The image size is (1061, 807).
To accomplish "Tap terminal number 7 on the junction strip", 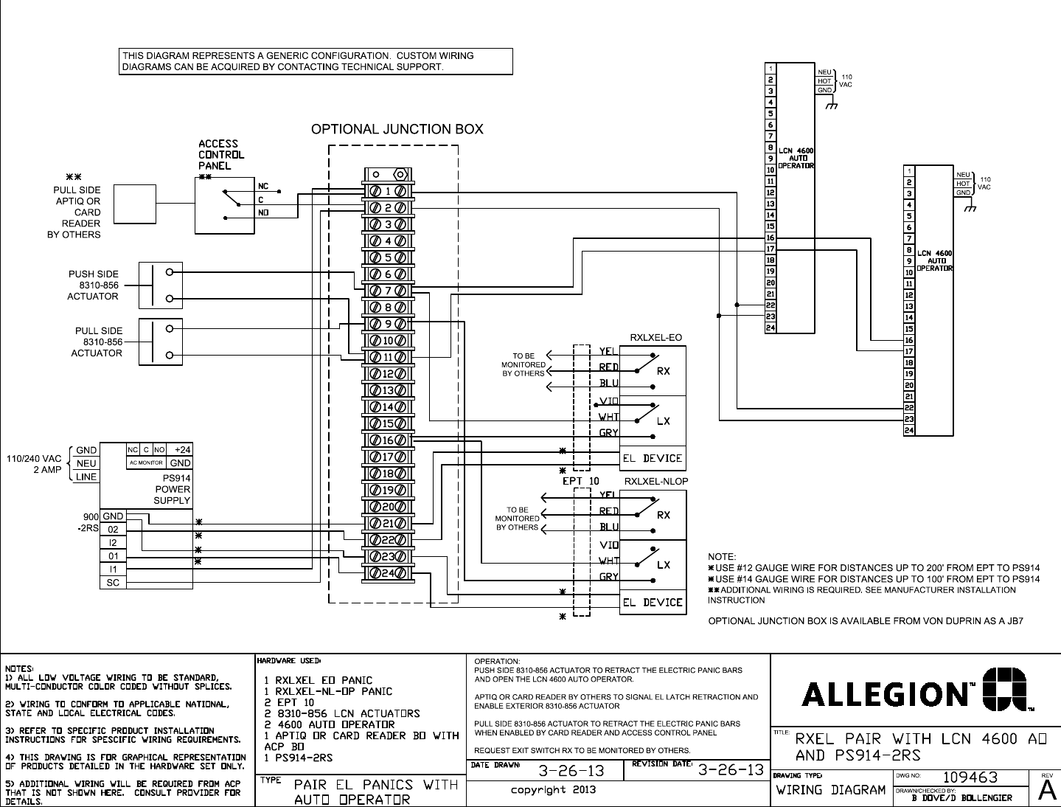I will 388,291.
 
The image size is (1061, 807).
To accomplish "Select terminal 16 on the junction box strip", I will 388,441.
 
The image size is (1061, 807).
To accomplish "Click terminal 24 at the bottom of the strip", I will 388,573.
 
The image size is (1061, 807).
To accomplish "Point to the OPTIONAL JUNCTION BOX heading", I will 397,130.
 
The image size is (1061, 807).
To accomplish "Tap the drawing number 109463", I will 970,777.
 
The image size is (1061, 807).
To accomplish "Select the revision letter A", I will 1045,789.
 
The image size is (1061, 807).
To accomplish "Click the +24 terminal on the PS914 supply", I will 181,450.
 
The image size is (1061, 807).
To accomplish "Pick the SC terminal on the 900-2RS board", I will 114,583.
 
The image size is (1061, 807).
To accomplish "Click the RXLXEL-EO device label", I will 655,338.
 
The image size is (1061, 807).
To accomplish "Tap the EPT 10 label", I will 581,481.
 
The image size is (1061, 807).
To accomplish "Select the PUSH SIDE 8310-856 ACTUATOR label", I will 93,285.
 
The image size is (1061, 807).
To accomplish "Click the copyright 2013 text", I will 554,790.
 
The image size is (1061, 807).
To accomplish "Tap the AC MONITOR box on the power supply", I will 146,463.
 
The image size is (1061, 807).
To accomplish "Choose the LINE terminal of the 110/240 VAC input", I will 86,477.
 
